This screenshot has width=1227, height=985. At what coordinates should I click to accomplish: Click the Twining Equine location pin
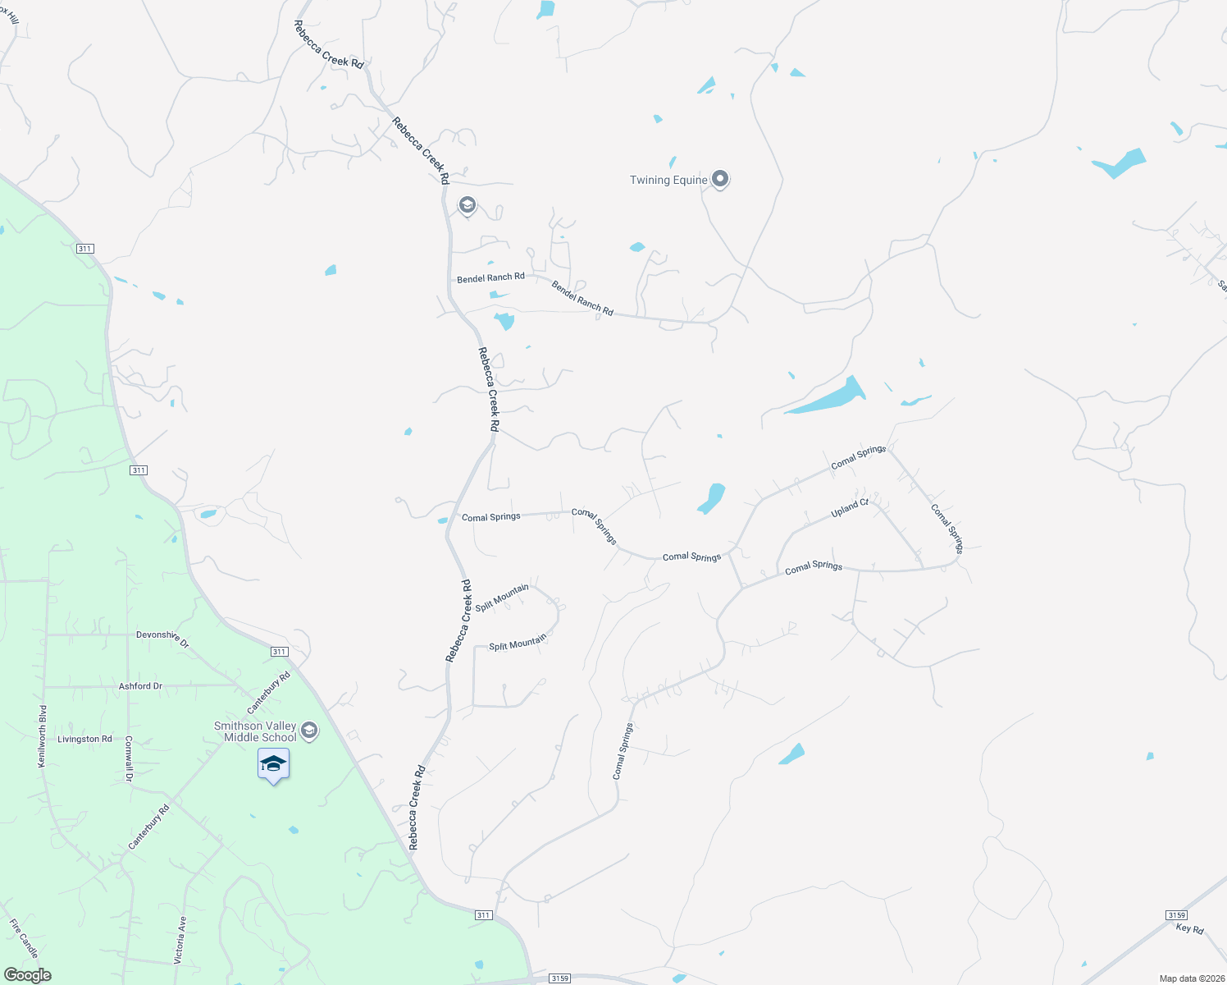coord(720,179)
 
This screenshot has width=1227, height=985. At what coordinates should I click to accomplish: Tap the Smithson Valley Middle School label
coord(255,731)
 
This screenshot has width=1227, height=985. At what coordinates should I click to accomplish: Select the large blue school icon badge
coord(273,765)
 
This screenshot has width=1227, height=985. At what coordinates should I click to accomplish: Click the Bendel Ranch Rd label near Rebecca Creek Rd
coord(490,278)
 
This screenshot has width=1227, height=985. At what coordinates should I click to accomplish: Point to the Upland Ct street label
coord(850,508)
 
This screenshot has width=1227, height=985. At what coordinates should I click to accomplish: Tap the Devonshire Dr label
coord(162,638)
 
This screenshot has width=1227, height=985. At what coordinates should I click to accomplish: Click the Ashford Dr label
coord(140,686)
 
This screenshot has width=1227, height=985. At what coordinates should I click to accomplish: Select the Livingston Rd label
coord(84,740)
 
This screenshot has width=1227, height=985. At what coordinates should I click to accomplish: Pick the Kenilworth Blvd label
coord(43,736)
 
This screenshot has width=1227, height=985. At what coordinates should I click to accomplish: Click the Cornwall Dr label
coord(129,758)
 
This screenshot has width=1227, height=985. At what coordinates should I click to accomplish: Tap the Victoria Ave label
coord(180,940)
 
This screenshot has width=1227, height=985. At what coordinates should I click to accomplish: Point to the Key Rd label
coord(1189,928)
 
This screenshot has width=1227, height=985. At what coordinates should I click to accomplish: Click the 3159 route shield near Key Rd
coord(1176,914)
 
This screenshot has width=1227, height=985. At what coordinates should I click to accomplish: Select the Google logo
coord(28,975)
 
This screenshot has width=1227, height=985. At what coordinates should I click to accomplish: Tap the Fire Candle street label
coord(24,938)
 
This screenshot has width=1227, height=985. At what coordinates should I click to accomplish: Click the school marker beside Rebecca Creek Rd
coord(468,204)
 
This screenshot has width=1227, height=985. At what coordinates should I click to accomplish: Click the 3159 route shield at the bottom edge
coord(560,978)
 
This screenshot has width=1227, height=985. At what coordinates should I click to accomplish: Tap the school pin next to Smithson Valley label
coord(309,731)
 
